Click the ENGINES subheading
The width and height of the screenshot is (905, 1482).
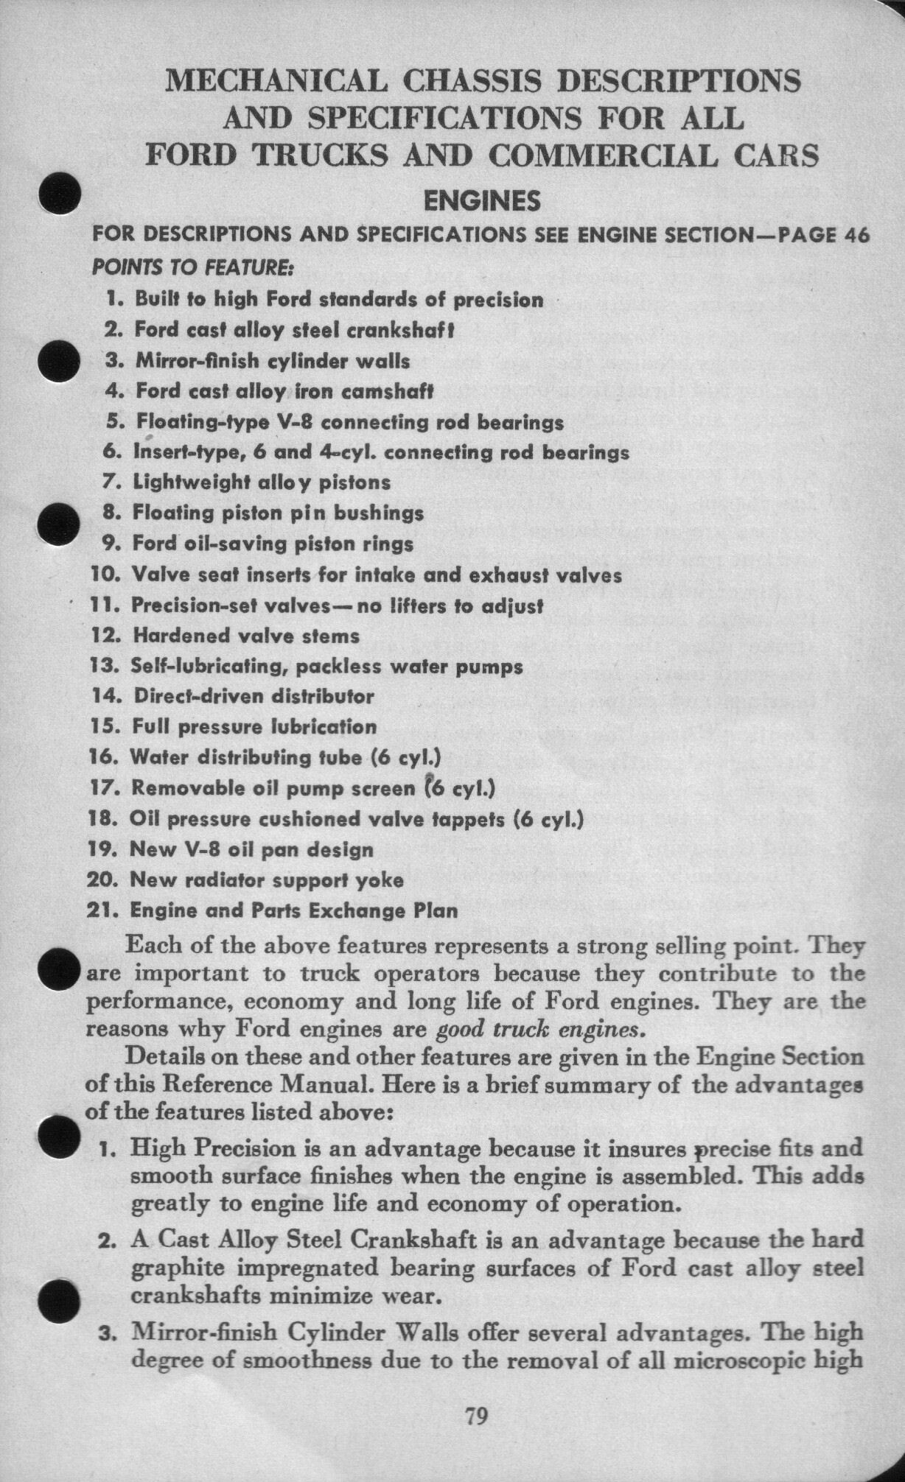point(483,200)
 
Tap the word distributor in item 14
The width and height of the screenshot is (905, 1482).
point(323,696)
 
